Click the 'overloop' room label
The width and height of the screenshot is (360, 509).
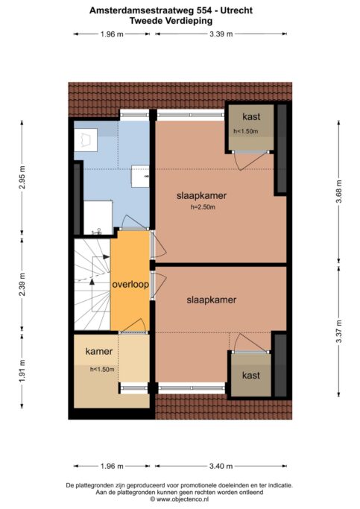pyautogui.click(x=130, y=285)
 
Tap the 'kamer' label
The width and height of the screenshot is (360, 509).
pyautogui.click(x=99, y=351)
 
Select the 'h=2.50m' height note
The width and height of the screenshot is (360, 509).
pyautogui.click(x=203, y=207)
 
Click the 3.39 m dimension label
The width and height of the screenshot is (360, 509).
pyautogui.click(x=221, y=34)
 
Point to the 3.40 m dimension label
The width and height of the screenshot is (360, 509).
pyautogui.click(x=221, y=467)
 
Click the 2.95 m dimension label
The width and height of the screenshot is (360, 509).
pyautogui.click(x=22, y=177)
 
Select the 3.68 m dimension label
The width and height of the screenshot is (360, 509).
pyautogui.click(x=338, y=192)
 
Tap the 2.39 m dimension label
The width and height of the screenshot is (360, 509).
pyautogui.click(x=22, y=285)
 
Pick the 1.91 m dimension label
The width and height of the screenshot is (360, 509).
pyautogui.click(x=22, y=370)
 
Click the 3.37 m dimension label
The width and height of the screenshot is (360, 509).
pyautogui.click(x=338, y=331)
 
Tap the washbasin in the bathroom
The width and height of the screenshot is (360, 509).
pyautogui.click(x=140, y=177)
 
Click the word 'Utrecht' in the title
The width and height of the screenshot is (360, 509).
pyautogui.click(x=236, y=10)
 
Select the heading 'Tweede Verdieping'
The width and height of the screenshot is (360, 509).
pyautogui.click(x=171, y=21)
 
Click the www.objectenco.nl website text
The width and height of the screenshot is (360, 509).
pyautogui.click(x=182, y=499)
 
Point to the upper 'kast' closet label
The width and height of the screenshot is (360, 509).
pyautogui.click(x=251, y=117)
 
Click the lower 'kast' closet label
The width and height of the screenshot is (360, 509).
pyautogui.click(x=251, y=376)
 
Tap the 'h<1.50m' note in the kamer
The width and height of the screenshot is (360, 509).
pyautogui.click(x=102, y=370)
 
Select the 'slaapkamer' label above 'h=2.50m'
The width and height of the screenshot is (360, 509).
pyautogui.click(x=201, y=196)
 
